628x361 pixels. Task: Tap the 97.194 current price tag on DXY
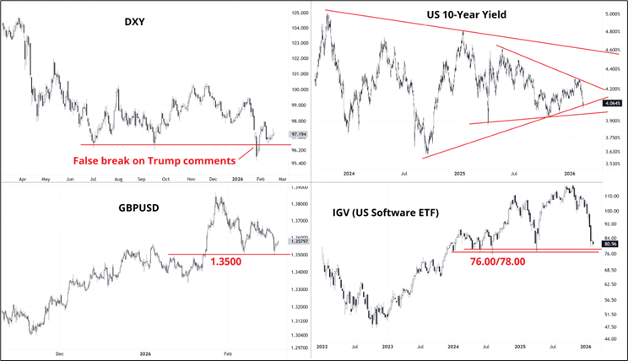[x=298, y=134]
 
